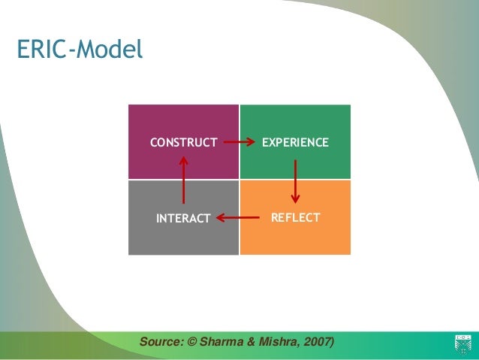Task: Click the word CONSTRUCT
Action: pyautogui.click(x=184, y=142)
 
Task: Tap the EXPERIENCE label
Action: pyautogui.click(x=294, y=142)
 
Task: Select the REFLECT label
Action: pyautogui.click(x=295, y=218)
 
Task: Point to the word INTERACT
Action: pyautogui.click(x=183, y=219)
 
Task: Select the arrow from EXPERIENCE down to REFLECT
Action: pyautogui.click(x=295, y=180)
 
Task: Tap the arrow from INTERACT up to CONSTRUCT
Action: pyautogui.click(x=184, y=180)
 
